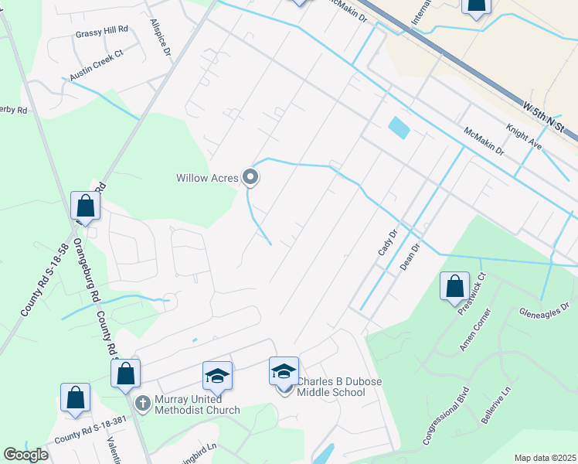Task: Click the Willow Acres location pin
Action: click(250, 178)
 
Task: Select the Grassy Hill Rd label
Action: click(101, 34)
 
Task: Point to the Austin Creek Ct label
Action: click(97, 65)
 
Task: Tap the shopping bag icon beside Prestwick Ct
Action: click(454, 285)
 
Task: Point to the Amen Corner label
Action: click(474, 329)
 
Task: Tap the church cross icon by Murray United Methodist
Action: click(142, 403)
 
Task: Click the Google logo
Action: click(26, 455)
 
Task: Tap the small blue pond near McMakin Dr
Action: click(399, 128)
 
